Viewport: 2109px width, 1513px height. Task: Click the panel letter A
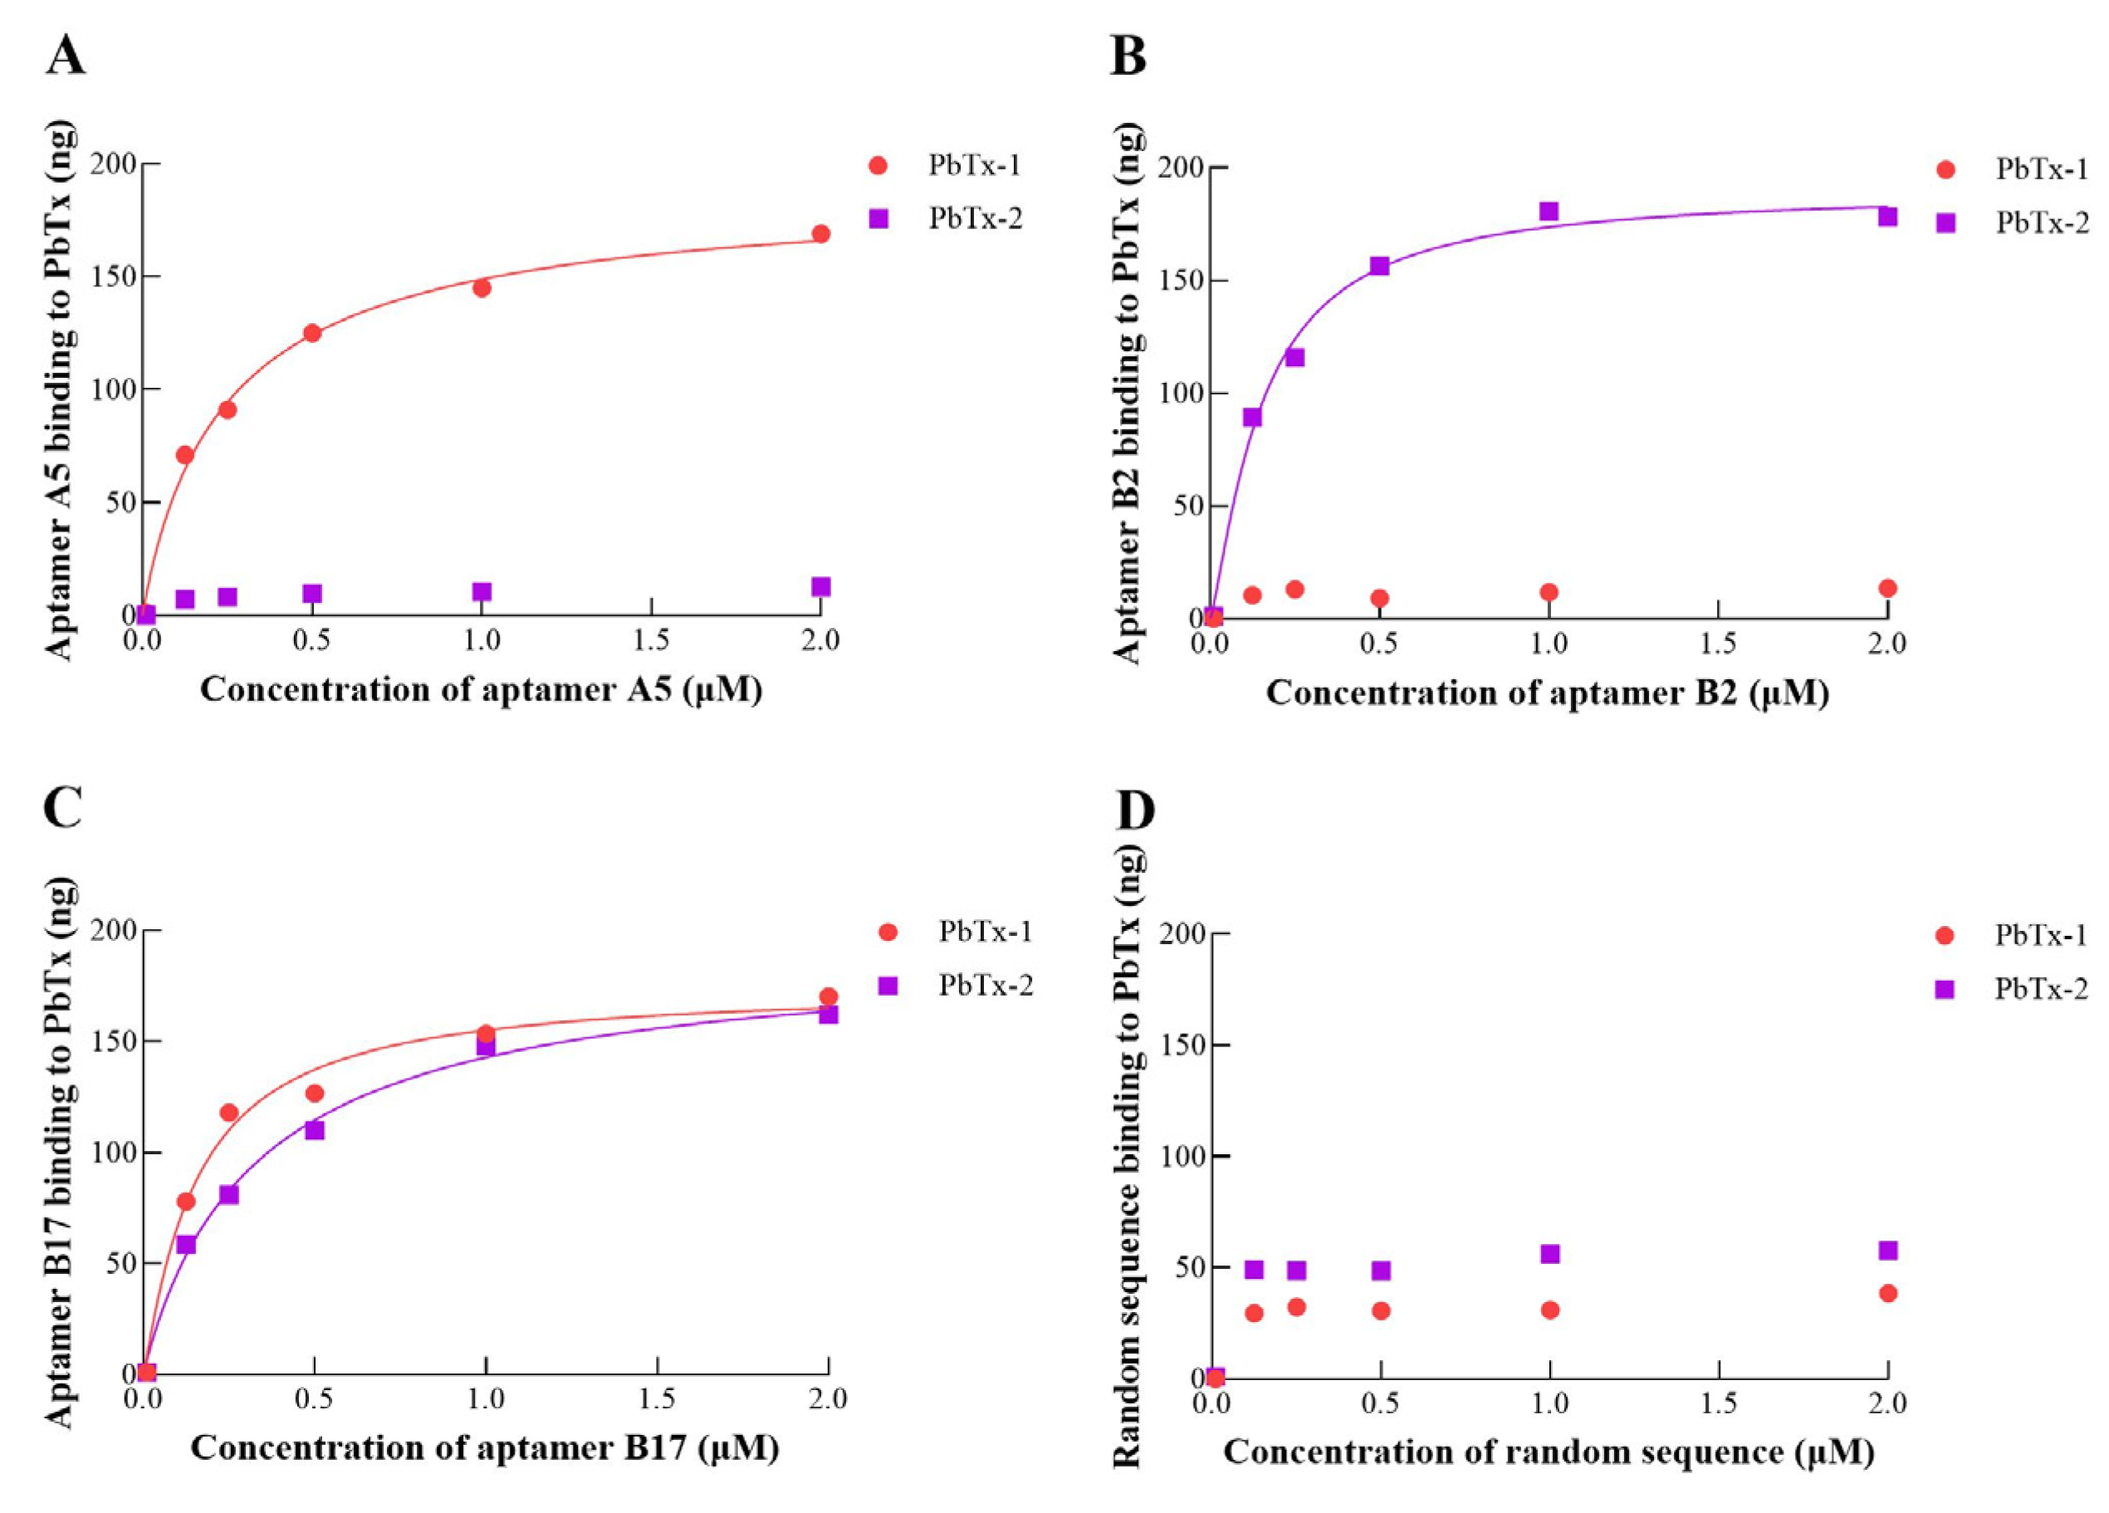[x=65, y=57]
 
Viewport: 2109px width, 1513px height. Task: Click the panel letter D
[x=1134, y=811]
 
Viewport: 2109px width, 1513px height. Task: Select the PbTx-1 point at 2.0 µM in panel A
[x=820, y=233]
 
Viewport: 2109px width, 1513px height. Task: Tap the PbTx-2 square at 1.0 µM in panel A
[x=482, y=591]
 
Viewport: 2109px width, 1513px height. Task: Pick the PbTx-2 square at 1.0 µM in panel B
[x=1549, y=211]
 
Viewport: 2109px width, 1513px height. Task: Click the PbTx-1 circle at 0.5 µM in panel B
[x=1379, y=598]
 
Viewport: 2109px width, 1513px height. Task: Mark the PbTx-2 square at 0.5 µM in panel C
[x=315, y=1130]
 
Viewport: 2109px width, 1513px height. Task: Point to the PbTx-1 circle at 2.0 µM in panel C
[x=829, y=996]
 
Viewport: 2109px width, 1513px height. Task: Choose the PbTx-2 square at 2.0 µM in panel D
[x=1887, y=1250]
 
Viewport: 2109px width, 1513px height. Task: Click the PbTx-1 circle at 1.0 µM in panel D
[x=1549, y=1310]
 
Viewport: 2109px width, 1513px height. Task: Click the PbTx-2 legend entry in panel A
[x=975, y=218]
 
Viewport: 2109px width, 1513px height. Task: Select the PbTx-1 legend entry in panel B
[x=2041, y=169]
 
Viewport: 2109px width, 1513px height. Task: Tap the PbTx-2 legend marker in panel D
[x=1945, y=988]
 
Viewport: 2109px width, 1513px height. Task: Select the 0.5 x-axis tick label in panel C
[x=315, y=1399]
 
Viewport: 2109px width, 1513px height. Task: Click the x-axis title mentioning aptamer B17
[x=484, y=1448]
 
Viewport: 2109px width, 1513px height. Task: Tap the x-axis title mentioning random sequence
[x=1549, y=1452]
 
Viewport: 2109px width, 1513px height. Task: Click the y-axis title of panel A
[x=61, y=390]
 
